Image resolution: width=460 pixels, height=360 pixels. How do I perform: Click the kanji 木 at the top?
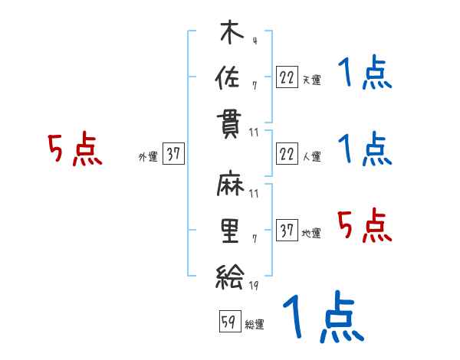229,34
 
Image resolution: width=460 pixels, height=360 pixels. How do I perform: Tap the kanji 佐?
229,77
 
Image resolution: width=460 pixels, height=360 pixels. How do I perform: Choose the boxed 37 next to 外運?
173,155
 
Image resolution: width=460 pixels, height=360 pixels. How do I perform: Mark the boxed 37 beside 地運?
287,231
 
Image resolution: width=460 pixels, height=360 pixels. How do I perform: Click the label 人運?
311,157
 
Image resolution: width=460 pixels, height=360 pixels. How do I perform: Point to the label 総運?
255,325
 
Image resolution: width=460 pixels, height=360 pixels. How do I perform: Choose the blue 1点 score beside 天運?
364,74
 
